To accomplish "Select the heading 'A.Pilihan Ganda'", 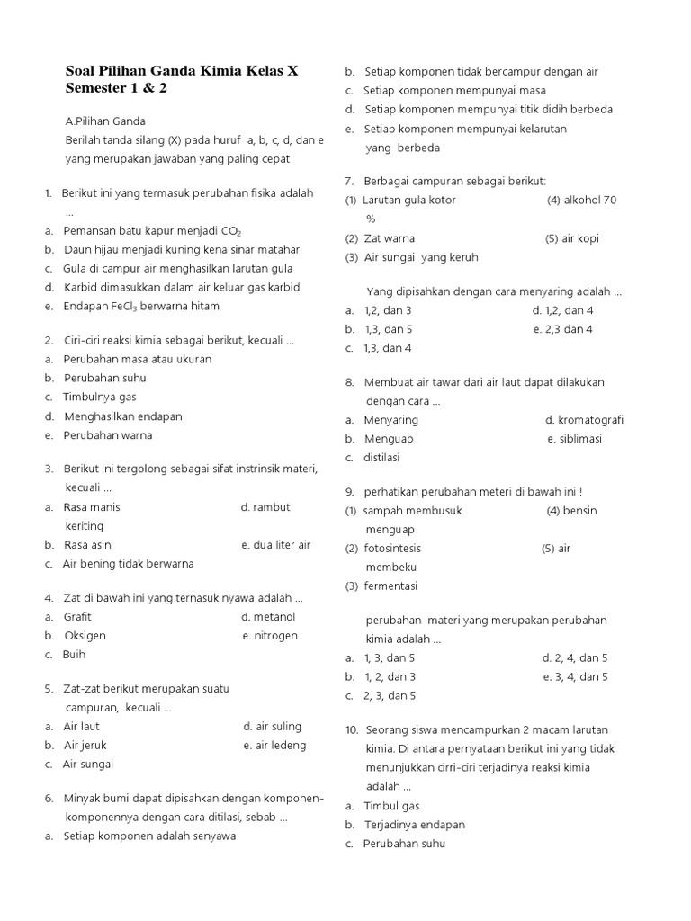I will [105, 121].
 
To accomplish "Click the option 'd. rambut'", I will [265, 507].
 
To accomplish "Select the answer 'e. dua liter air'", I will [275, 545].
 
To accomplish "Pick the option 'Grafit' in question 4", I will [77, 617].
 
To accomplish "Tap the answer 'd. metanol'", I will [268, 617].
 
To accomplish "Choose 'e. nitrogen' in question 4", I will [269, 636].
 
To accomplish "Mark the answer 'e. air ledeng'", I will [274, 745].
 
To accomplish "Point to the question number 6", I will [49, 798].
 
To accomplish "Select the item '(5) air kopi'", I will [571, 238].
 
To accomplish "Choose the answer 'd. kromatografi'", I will [584, 420].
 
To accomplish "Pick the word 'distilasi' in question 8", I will [381, 458].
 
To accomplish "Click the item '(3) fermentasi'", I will [381, 586].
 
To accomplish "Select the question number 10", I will [351, 729].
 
